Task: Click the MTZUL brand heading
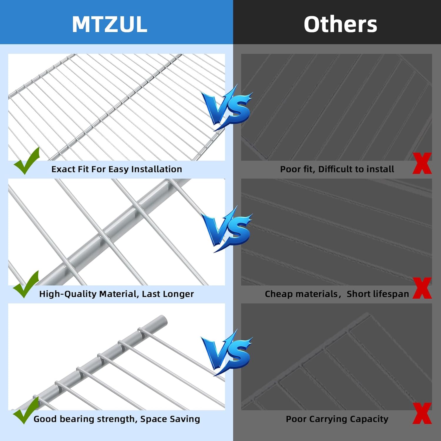pyautogui.click(x=109, y=24)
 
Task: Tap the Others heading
pyautogui.click(x=340, y=24)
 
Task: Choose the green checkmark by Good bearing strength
pyautogui.click(x=26, y=410)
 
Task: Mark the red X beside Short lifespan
pyautogui.click(x=422, y=288)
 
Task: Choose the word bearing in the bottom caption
pyautogui.click(x=78, y=419)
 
